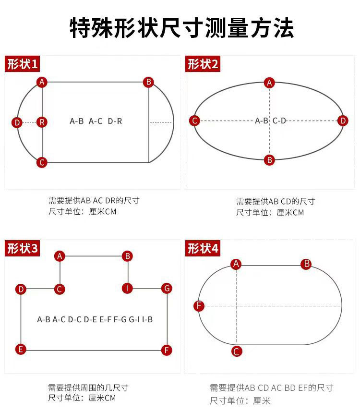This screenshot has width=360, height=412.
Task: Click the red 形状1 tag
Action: pyautogui.click(x=22, y=64)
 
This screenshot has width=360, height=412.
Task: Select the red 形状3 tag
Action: pyautogui.click(x=22, y=248)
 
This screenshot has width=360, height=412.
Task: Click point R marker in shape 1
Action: pyautogui.click(x=42, y=122)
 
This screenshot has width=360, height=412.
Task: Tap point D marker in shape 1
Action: pyautogui.click(x=17, y=122)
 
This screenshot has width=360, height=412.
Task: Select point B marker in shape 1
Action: pyautogui.click(x=149, y=82)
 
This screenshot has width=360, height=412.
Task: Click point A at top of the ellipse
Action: pyautogui.click(x=270, y=83)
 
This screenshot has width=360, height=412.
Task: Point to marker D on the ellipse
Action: pyautogui.click(x=343, y=121)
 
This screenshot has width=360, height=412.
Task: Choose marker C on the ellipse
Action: pyautogui.click(x=194, y=121)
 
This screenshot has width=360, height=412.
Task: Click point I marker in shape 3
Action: pyautogui.click(x=127, y=288)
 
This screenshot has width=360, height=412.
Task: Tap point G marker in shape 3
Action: pyautogui.click(x=167, y=288)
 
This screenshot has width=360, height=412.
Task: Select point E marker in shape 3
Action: pyautogui.click(x=21, y=349)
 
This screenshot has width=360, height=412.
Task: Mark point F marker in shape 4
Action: pyautogui.click(x=199, y=306)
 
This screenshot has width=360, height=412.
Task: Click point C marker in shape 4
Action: pyautogui.click(x=236, y=351)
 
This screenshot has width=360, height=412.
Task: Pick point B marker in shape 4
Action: pyautogui.click(x=306, y=264)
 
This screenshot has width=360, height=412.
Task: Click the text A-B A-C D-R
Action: pyautogui.click(x=96, y=121)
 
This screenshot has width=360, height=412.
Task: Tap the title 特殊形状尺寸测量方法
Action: pyautogui.click(x=181, y=28)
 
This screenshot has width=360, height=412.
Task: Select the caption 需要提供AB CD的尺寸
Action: pyautogui.click(x=276, y=201)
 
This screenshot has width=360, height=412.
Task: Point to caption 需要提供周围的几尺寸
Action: pyautogui.click(x=88, y=388)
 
